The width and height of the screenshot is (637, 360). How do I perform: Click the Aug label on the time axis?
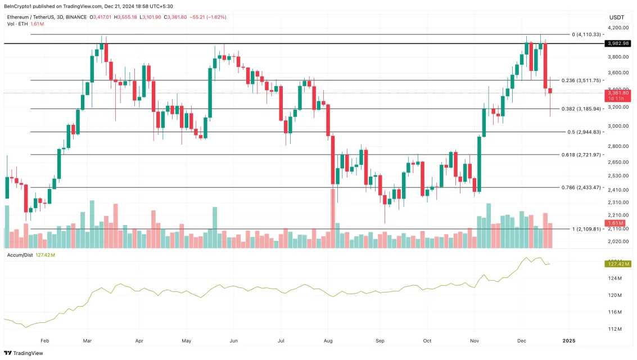click(329, 341)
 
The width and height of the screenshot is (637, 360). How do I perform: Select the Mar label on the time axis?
click(88, 341)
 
